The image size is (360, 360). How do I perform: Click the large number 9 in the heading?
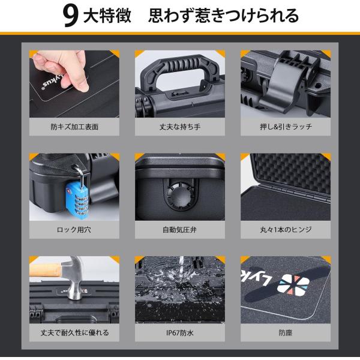click(70, 16)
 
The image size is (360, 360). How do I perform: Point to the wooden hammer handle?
click(46, 270)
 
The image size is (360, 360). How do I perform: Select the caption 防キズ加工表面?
click(74, 127)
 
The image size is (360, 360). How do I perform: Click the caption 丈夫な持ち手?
click(180, 127)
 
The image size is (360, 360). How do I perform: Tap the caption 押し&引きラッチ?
click(286, 127)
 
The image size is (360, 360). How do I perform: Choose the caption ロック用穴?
click(74, 230)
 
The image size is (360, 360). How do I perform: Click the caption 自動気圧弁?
click(179, 230)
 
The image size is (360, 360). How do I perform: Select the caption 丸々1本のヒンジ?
click(286, 230)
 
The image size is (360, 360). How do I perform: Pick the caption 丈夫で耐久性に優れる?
click(74, 332)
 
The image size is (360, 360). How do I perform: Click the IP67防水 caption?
click(180, 332)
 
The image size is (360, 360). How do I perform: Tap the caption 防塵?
click(286, 332)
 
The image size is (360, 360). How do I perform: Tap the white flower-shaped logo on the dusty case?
click(293, 285)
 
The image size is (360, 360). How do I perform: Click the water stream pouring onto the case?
click(181, 264)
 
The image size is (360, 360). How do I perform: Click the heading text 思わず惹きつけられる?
click(223, 16)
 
